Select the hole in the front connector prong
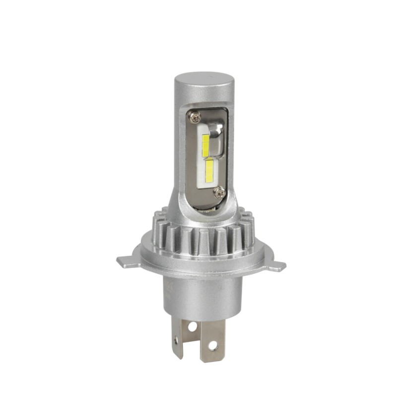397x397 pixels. tap(213, 343)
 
